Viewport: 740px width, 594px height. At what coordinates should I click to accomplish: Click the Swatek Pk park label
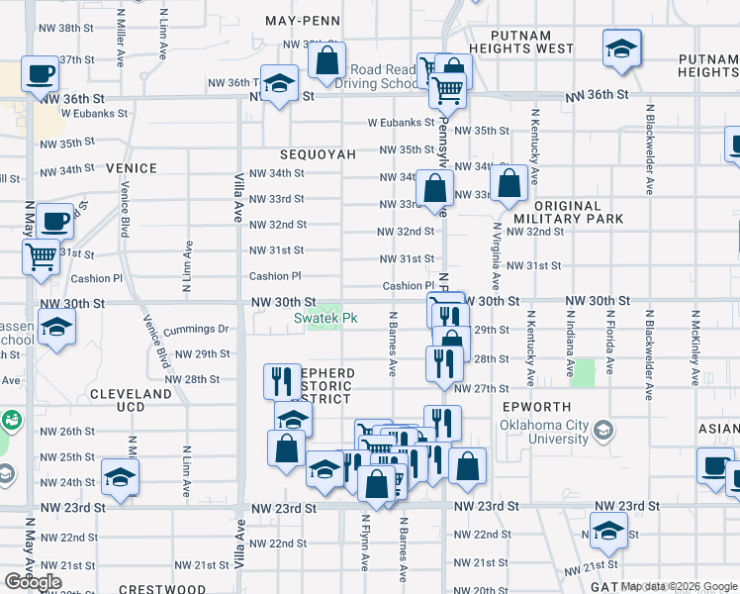point(325,318)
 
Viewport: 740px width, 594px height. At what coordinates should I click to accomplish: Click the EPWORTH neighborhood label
point(537,407)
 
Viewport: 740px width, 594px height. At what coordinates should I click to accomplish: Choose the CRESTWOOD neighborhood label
point(162,589)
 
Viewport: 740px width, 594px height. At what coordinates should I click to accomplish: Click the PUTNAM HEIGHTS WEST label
point(522,42)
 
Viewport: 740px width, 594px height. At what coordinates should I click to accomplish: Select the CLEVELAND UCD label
point(131,400)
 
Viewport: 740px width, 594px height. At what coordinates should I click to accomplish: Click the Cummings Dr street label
point(196,328)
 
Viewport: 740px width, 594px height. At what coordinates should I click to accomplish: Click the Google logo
point(33,582)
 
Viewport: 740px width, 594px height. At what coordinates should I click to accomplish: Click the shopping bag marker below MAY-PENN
point(326,60)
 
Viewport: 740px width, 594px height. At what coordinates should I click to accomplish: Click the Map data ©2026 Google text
point(678,586)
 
